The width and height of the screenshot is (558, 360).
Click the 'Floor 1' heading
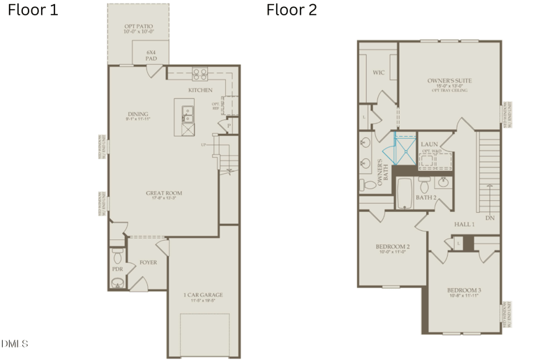[33, 10]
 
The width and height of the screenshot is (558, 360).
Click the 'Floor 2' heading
[292, 10]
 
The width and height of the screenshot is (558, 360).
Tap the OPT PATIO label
[138, 28]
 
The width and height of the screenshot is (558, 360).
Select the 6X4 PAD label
[151, 55]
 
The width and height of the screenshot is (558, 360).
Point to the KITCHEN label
[200, 90]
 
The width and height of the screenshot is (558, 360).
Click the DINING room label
[138, 115]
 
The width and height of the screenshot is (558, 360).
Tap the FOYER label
[148, 262]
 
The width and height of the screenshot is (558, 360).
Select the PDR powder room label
[117, 269]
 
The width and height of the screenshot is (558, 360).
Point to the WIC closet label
[379, 72]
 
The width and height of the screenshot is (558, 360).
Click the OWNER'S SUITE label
[449, 82]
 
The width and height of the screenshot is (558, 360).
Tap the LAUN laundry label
[430, 144]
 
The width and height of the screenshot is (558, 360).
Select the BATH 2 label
[425, 197]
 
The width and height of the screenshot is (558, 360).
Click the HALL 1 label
[465, 224]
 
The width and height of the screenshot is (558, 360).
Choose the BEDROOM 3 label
[465, 291]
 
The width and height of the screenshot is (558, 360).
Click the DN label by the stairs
[490, 218]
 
